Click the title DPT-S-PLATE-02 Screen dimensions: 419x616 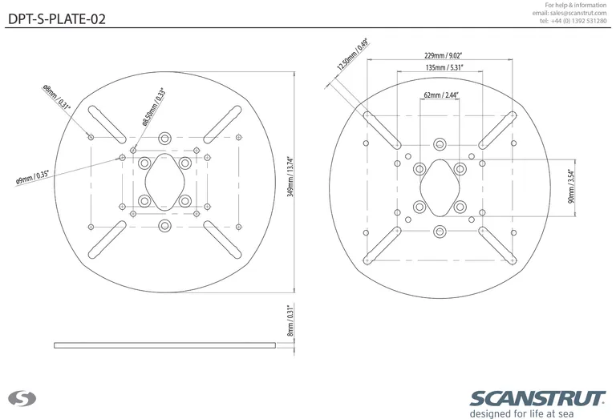coord(56,18)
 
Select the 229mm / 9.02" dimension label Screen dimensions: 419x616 coord(443,56)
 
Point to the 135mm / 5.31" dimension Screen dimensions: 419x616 coord(443,69)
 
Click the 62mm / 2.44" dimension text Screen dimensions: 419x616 coord(440,95)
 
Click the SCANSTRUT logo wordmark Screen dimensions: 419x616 coord(537,399)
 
